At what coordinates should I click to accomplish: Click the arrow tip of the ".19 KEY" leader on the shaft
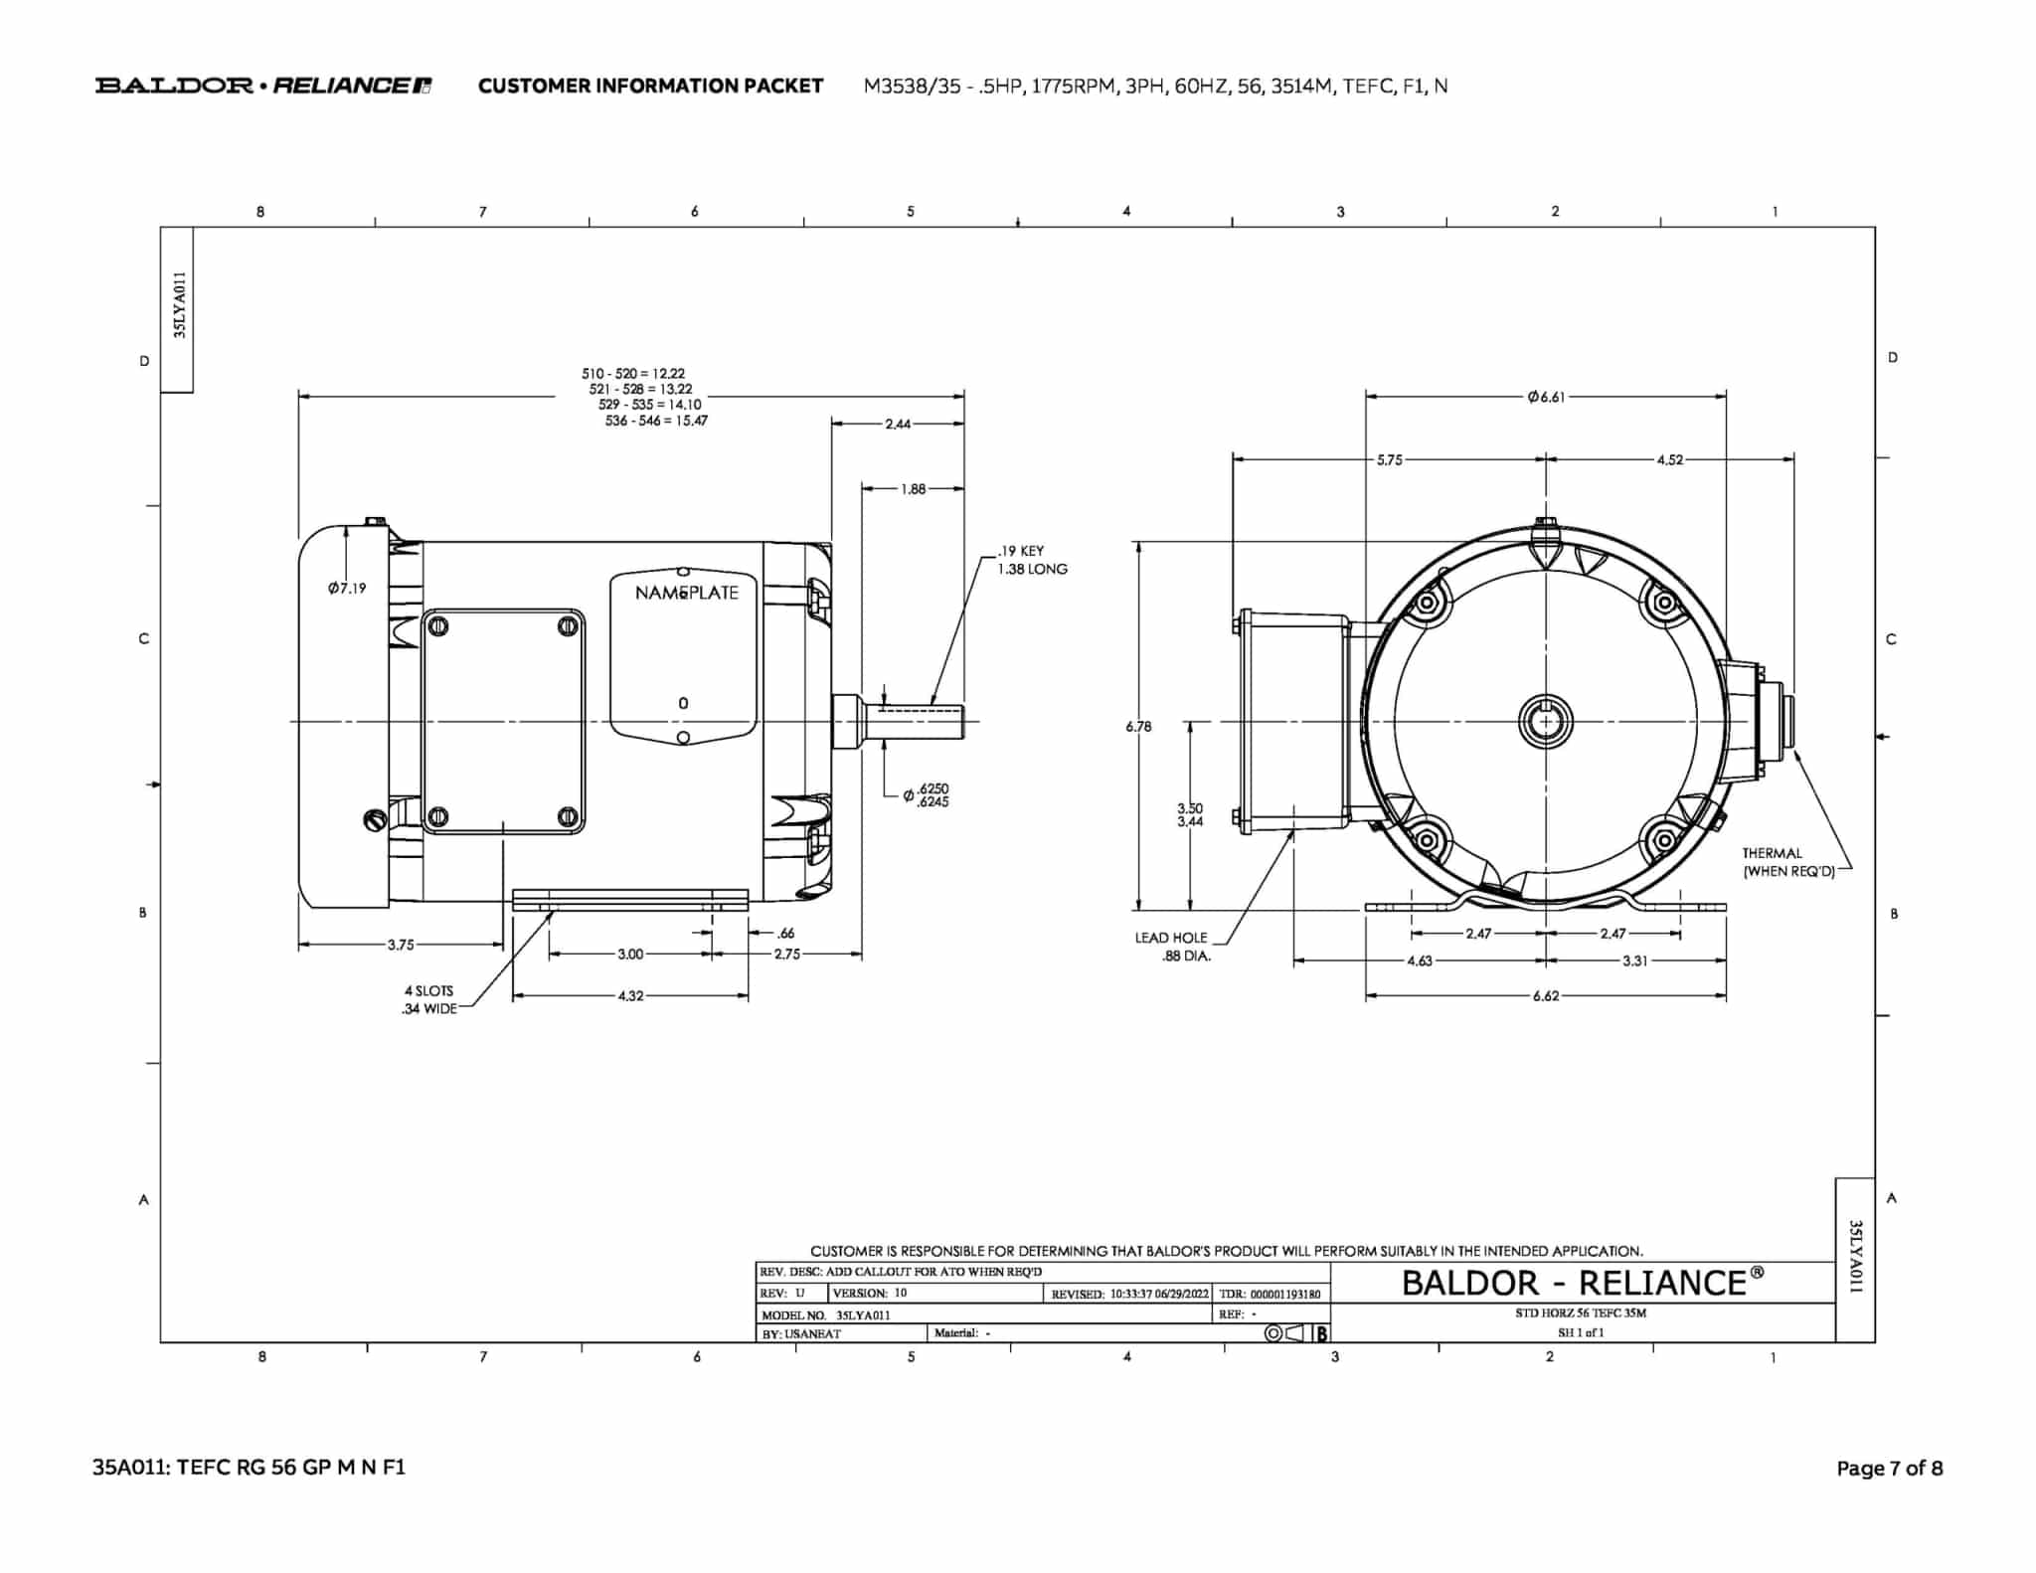932,704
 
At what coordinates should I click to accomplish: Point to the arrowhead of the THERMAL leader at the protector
1795,751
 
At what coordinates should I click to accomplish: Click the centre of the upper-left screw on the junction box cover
437,626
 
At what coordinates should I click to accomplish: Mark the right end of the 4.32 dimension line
748,995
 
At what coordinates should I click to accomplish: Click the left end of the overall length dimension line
299,397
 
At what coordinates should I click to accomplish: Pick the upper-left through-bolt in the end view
1428,603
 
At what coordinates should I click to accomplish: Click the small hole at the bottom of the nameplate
683,737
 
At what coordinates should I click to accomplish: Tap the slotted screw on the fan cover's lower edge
375,820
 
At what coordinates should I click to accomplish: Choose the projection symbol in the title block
1289,1333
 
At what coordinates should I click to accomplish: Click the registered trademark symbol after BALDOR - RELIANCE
1757,1273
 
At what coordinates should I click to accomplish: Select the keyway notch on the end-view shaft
1546,707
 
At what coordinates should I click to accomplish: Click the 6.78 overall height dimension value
1138,727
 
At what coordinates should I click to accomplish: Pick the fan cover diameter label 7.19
347,588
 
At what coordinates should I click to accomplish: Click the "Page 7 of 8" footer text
1889,1468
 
